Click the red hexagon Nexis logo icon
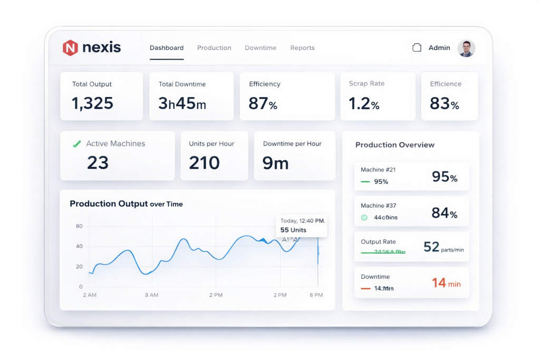coord(70,48)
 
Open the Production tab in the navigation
coord(214,48)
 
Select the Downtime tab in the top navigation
coord(261,48)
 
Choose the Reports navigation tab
coord(302,48)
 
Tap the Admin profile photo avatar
coord(466,48)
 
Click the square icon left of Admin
coord(417,48)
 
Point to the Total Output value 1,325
coord(93,103)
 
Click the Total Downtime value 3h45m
coord(182,103)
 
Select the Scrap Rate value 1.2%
coord(364,103)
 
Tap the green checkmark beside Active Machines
coord(76,143)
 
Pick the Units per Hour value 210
coord(204,163)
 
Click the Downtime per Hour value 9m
coord(275,163)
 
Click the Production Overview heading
coord(395,145)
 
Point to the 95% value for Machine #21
coord(444,177)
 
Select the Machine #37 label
coord(378,206)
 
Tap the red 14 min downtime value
coord(446,283)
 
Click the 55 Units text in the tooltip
coord(293,230)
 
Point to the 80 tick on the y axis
coord(79,226)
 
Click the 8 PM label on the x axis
coord(315,295)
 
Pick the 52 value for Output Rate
coord(431,247)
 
